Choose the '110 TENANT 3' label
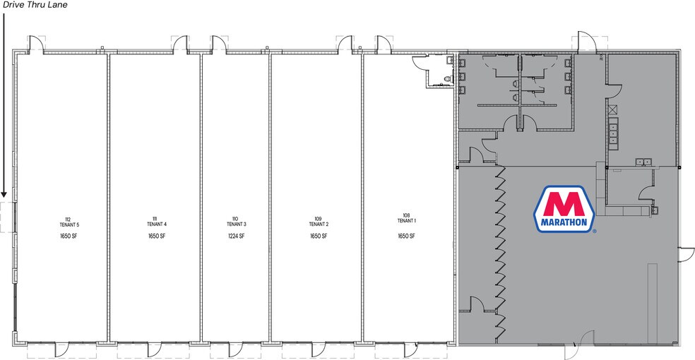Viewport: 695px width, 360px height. tap(236, 220)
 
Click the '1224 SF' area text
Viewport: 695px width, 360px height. tap(236, 236)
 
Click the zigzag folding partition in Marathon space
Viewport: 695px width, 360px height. tap(501, 251)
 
